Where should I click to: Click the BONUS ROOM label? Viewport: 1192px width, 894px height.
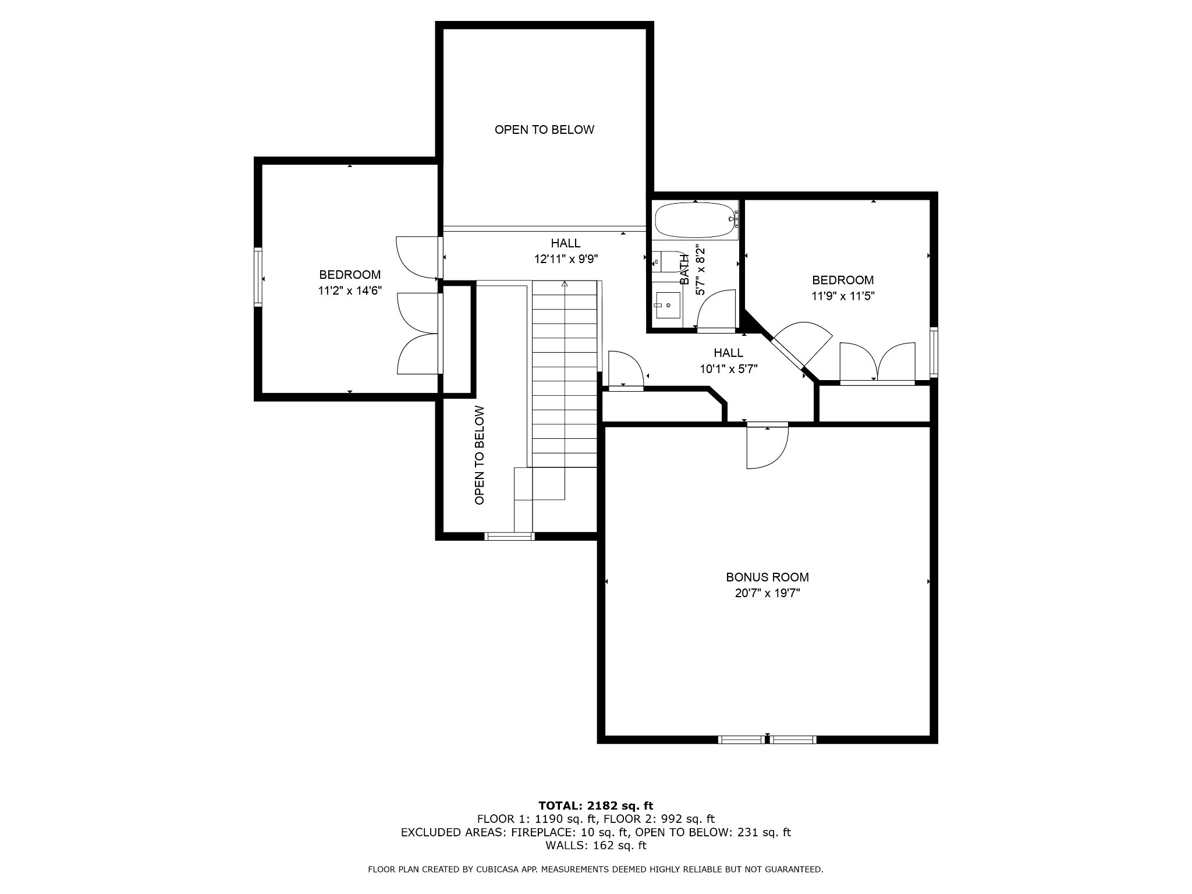tap(767, 577)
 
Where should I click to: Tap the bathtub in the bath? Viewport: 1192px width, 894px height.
tap(696, 220)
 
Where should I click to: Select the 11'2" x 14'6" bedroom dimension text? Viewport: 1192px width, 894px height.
tap(350, 291)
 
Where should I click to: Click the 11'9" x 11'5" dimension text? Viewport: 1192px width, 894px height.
tap(843, 296)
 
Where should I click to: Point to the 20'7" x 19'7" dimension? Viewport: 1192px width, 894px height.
tap(767, 593)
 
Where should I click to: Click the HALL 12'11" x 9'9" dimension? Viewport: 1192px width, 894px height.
tap(566, 259)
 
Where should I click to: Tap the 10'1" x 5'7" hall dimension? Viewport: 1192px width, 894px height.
tap(729, 368)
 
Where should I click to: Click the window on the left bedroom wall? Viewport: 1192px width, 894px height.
tap(258, 277)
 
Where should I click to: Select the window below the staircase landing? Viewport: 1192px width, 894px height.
tap(510, 536)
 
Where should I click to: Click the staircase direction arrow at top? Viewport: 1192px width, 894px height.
tap(565, 284)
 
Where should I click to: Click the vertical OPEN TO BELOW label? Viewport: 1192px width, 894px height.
tap(480, 455)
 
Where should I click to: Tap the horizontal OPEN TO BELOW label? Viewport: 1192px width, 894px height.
tap(545, 130)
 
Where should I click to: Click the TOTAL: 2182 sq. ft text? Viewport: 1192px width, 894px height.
tap(596, 806)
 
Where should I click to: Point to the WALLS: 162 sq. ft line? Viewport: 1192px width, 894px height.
tap(596, 845)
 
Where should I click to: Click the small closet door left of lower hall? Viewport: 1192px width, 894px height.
tap(625, 369)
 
